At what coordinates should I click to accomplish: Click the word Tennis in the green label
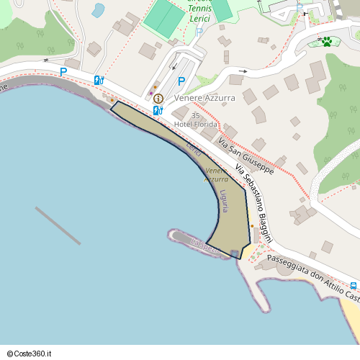(199, 9)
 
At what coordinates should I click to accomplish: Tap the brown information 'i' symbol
(158, 98)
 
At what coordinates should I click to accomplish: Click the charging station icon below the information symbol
(158, 110)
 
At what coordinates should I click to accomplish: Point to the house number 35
(196, 115)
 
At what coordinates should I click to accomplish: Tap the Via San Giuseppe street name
(246, 157)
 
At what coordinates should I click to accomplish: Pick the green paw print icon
(327, 41)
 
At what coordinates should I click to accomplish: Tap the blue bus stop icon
(354, 285)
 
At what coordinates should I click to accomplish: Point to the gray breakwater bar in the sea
(58, 225)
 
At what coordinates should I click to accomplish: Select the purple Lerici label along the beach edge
(194, 150)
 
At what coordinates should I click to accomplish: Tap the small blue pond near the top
(98, 10)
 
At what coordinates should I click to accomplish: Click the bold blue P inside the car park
(182, 81)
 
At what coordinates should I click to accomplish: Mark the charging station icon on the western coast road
(99, 80)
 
